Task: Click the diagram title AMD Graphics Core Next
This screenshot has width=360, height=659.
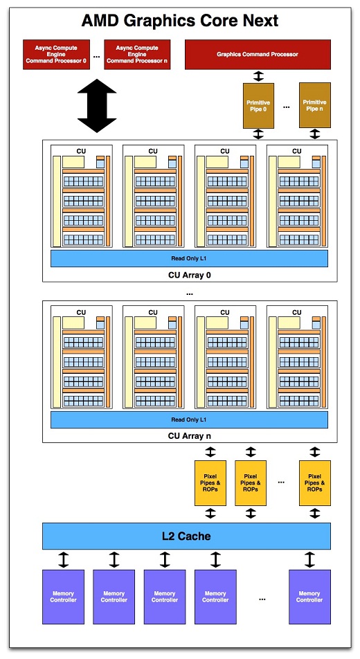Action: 180,21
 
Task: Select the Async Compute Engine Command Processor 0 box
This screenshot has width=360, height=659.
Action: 60,55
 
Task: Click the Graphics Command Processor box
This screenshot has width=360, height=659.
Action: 258,55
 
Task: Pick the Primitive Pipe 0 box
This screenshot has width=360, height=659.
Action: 258,105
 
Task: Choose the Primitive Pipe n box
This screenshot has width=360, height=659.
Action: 315,105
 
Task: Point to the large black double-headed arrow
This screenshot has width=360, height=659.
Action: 97,106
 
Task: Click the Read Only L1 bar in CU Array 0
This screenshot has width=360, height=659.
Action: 189,258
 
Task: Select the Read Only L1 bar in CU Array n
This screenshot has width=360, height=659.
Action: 189,419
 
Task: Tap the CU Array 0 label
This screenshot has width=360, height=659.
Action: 189,275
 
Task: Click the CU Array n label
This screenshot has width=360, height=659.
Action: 189,435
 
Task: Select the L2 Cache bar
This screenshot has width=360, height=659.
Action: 187,536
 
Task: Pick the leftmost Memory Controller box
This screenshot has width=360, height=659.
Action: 64,597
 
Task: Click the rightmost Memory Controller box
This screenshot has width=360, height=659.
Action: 309,597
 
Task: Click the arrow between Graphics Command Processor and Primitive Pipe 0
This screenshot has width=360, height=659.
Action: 258,75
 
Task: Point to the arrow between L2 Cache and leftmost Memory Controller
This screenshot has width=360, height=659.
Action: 64,559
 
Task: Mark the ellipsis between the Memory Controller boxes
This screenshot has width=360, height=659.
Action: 262,598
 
